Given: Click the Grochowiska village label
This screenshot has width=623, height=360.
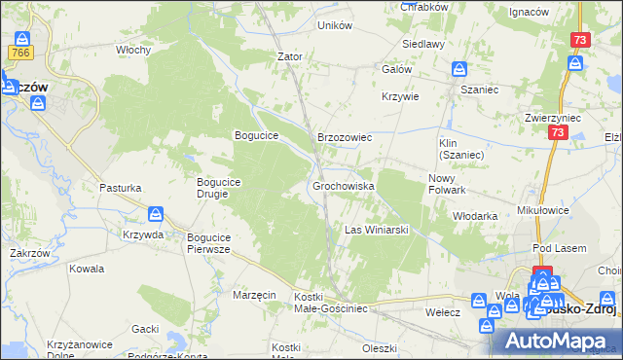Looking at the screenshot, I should (344, 185).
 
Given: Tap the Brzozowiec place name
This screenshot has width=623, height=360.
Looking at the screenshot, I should (345, 138).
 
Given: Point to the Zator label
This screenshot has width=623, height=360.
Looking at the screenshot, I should (290, 56).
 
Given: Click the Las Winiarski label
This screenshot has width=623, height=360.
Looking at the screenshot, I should (376, 231).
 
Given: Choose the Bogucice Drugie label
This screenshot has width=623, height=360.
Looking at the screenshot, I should (225, 187).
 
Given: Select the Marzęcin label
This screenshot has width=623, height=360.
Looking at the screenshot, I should (255, 294).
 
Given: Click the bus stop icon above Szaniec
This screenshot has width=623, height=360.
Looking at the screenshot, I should (460, 69).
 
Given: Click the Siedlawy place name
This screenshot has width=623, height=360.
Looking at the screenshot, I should (425, 44).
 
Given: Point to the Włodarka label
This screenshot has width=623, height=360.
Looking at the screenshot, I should (476, 216).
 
